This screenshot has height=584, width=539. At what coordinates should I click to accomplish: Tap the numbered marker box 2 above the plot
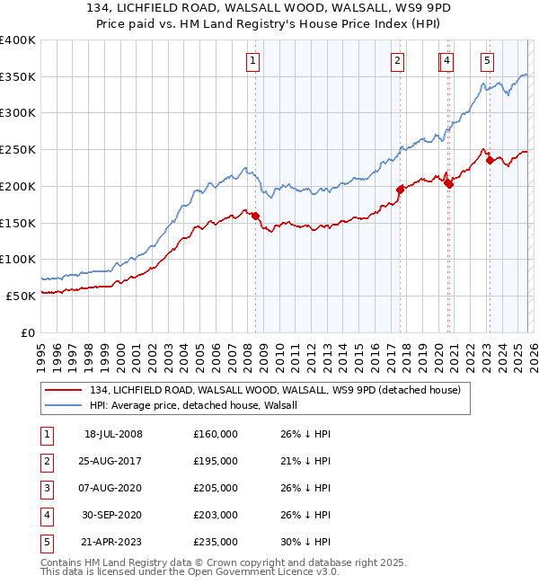tap(397, 61)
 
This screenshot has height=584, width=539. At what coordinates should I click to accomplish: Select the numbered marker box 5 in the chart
tap(487, 61)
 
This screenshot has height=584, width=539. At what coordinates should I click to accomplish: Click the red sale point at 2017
tap(401, 190)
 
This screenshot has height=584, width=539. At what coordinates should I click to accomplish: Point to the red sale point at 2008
tap(255, 216)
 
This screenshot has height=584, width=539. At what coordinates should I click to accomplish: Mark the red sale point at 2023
tap(490, 161)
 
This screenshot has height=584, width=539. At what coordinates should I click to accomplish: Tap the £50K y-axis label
tap(21, 296)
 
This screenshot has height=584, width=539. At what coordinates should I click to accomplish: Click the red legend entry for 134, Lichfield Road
tap(274, 390)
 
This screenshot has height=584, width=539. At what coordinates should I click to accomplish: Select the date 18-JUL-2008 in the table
tap(113, 434)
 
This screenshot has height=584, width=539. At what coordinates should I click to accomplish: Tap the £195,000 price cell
tap(216, 461)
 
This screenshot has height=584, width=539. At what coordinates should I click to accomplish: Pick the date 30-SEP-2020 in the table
tap(113, 515)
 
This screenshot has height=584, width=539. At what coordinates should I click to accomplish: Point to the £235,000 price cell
tap(216, 542)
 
